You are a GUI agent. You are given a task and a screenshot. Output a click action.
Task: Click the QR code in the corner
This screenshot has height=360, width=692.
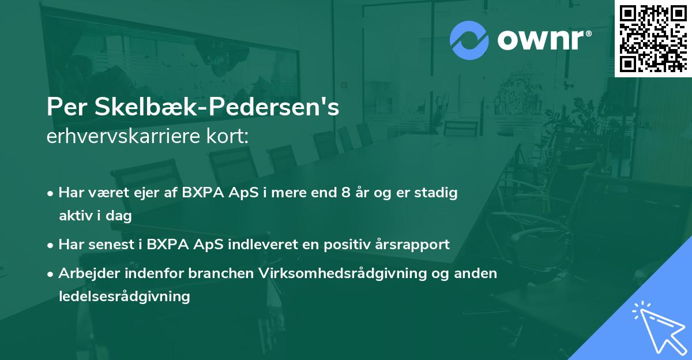(653, 38)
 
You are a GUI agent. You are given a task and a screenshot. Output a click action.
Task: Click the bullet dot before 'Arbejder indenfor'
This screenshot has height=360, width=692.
(51, 273)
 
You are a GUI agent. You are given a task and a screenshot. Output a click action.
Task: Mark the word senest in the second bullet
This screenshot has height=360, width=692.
(108, 244)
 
